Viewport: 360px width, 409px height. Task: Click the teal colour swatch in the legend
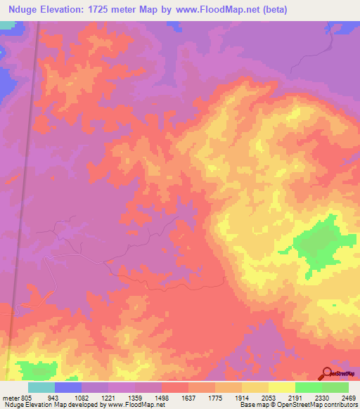[41, 387]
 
